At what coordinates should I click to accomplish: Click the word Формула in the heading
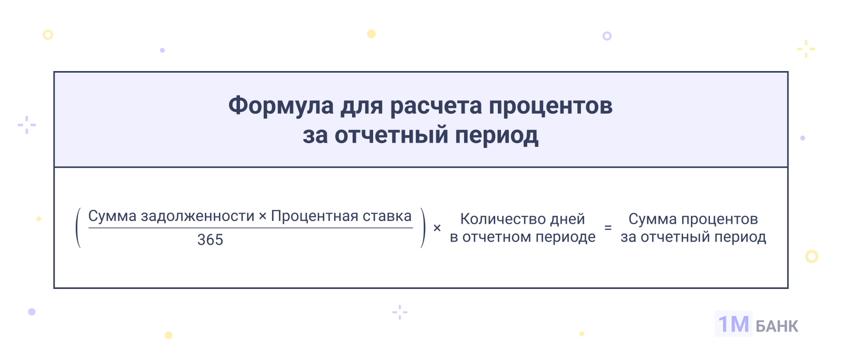281,106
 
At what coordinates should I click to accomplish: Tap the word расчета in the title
436,106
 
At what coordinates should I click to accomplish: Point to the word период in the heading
497,136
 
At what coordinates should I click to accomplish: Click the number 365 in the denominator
210,240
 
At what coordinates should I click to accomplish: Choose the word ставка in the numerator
387,216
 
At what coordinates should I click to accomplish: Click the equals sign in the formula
608,227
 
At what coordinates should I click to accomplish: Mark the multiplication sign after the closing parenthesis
437,228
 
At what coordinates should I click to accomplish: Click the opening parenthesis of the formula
78,228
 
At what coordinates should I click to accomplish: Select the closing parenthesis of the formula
423,228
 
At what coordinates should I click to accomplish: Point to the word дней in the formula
567,219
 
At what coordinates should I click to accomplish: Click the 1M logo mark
734,324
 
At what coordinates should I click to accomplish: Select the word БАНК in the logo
777,326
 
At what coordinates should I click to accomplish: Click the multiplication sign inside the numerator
263,216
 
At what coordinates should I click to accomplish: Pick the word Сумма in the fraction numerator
112,216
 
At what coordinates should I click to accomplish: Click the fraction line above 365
250,228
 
